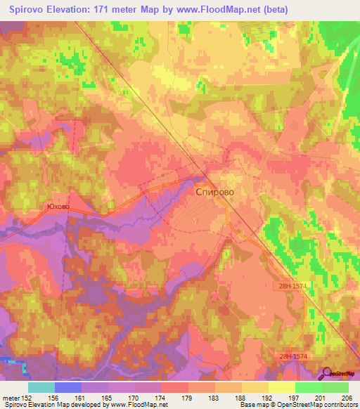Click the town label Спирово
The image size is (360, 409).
(x=214, y=190)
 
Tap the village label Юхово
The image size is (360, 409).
(x=58, y=207)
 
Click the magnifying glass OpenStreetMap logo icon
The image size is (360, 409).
(x=327, y=374)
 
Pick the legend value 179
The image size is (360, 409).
(x=187, y=396)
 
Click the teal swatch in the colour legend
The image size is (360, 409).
(x=41, y=387)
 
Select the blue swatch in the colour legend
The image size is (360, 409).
(x=68, y=387)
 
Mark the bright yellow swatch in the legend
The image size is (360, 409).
(x=282, y=387)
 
